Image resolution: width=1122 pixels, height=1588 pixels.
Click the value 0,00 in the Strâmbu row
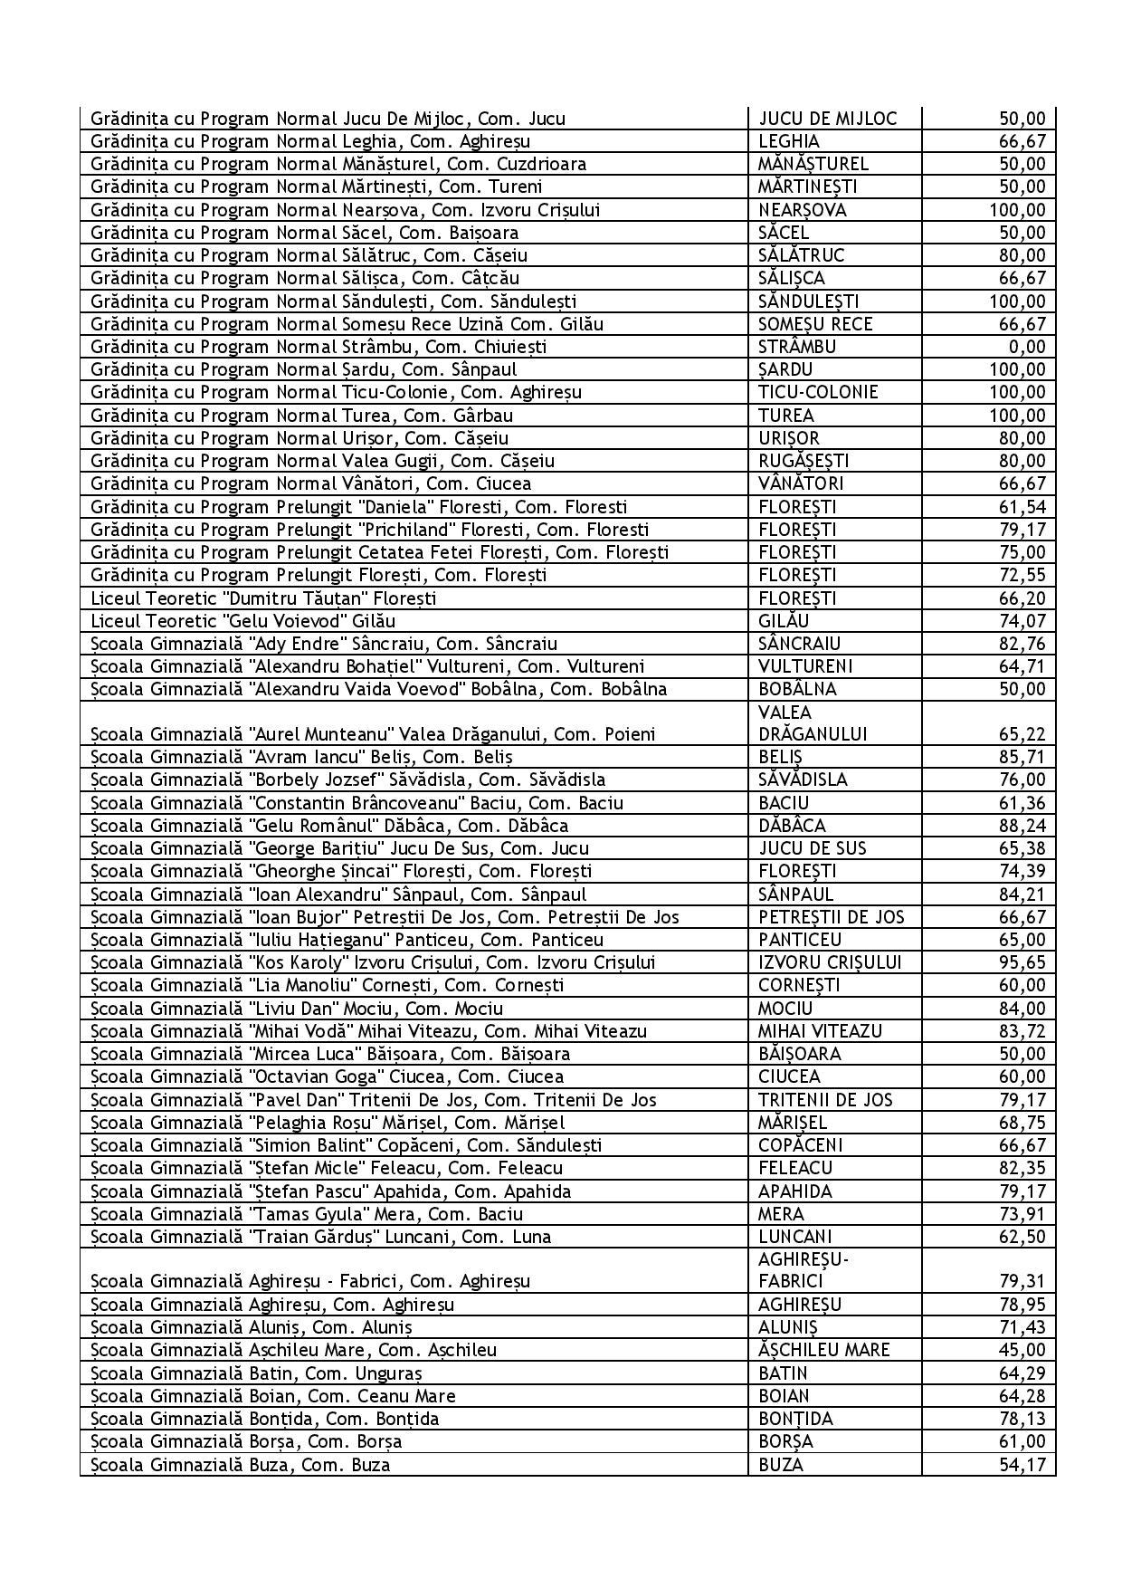coord(1029,347)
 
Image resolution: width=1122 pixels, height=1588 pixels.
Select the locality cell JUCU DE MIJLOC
coord(827,119)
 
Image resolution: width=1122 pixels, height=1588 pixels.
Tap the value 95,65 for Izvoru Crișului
coord(1022,962)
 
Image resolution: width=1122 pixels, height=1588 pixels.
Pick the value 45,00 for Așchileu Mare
coord(1022,1350)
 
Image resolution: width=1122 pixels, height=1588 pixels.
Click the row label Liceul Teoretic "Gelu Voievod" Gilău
coord(243,621)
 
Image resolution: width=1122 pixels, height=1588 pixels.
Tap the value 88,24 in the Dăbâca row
coord(1022,826)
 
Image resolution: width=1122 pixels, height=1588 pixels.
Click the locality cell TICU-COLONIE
coord(818,392)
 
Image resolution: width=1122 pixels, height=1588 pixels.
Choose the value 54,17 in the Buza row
coord(1022,1464)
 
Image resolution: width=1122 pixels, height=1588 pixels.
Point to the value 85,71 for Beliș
coord(1022,757)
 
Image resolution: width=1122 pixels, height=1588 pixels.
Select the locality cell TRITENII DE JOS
coord(825,1100)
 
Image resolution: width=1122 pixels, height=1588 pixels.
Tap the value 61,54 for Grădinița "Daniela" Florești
coord(1022,507)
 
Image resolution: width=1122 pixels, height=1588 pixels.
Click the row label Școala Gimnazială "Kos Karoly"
coord(374,962)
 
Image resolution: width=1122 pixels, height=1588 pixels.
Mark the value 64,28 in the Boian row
coord(1022,1396)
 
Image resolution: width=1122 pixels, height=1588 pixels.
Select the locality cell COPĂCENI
coord(795,1145)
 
